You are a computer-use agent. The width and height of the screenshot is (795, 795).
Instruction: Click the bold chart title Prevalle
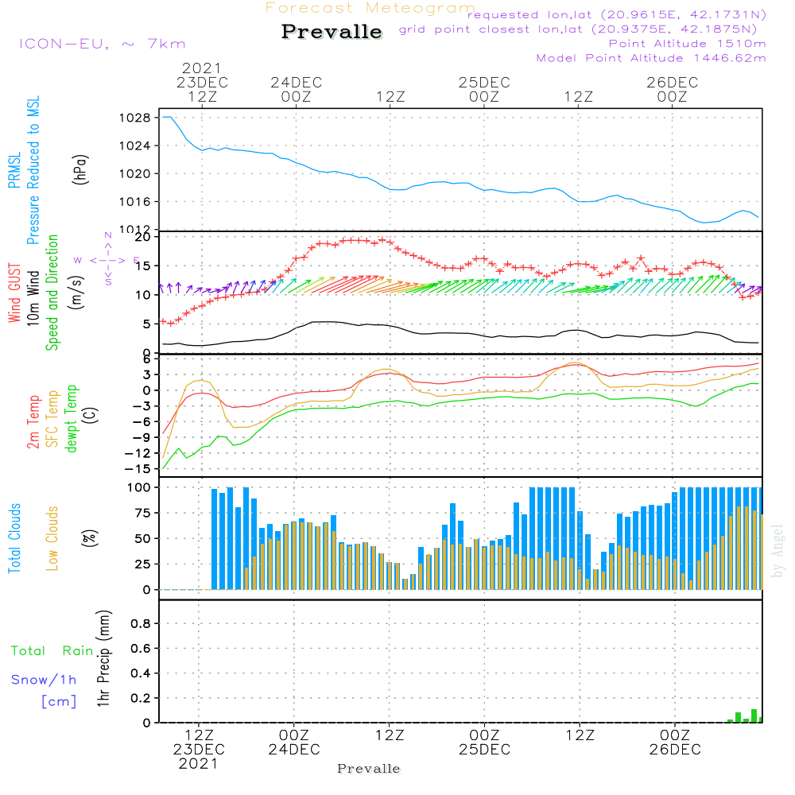click(332, 33)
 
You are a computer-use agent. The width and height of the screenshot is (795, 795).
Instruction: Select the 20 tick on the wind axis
click(143, 237)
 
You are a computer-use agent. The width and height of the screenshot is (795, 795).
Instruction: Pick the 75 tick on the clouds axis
click(143, 513)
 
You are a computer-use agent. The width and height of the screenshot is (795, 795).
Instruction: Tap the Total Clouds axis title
click(15, 538)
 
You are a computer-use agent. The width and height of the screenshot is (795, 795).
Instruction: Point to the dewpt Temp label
click(72, 419)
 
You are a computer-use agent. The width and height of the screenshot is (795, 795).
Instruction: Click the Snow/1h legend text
click(44, 680)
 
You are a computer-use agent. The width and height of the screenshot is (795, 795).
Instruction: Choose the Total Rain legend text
click(52, 651)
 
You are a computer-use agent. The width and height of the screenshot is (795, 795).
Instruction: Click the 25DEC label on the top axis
click(483, 82)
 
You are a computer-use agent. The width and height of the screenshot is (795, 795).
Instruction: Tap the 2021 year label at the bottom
click(198, 763)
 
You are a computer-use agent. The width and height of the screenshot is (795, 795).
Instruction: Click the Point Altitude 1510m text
click(687, 43)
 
